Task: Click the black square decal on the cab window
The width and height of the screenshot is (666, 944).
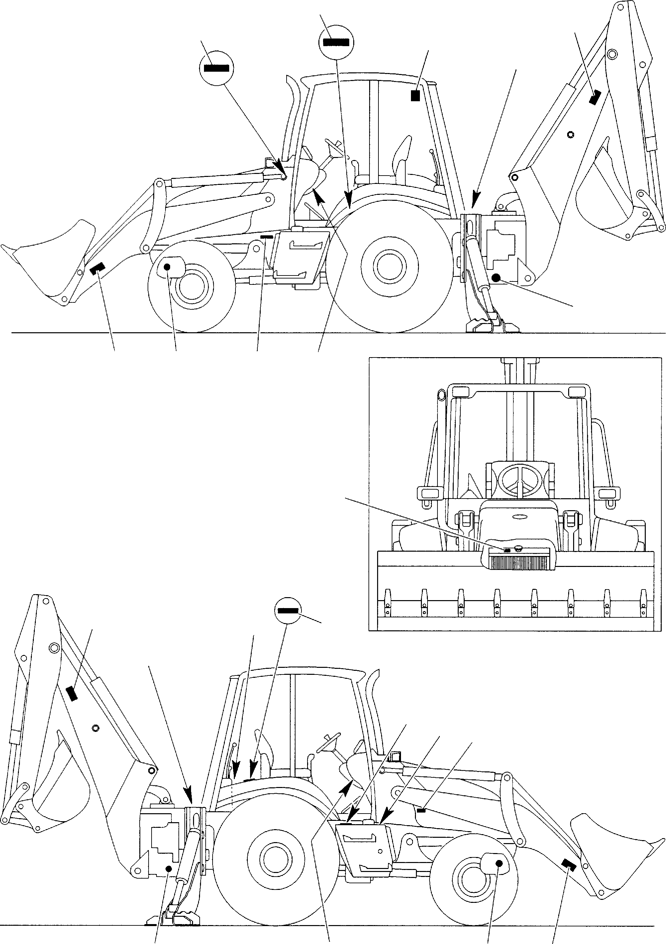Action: tap(415, 96)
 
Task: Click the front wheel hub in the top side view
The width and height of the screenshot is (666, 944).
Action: tap(191, 286)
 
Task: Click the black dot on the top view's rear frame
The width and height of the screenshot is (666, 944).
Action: tap(496, 277)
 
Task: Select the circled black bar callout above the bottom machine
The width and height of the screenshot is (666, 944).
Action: tap(288, 610)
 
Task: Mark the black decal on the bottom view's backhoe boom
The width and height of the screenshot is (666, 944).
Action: tap(72, 694)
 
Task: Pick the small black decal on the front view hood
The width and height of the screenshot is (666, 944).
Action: tap(507, 550)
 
